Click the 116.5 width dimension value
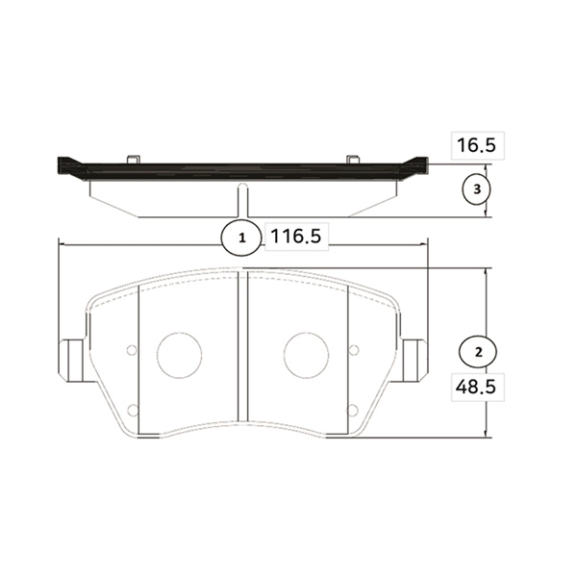(x=296, y=236)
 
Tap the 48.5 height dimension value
(x=475, y=387)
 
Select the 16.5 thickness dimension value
(x=476, y=145)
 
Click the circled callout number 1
(x=241, y=238)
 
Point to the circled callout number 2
(x=478, y=352)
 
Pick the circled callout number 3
(x=477, y=189)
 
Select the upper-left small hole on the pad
(x=132, y=350)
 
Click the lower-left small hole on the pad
(x=133, y=410)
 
